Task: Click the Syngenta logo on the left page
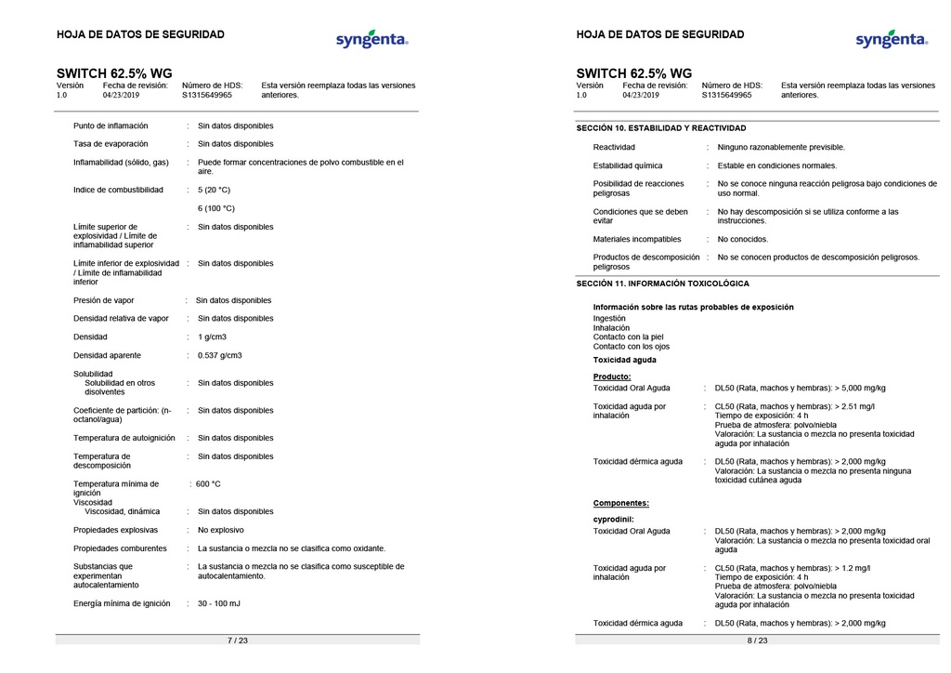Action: pos(371,40)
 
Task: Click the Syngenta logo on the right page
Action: pos(891,40)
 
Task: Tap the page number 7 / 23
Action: pos(238,640)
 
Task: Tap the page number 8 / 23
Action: pos(757,640)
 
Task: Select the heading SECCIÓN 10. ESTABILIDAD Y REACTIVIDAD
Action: pos(660,128)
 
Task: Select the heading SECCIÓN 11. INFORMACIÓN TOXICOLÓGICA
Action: pos(662,284)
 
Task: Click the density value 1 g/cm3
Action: pos(212,336)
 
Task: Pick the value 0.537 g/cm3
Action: pos(219,355)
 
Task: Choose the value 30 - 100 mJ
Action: pos(219,603)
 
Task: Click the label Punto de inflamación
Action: pos(111,125)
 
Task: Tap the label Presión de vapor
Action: pos(104,300)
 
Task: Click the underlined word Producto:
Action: pos(612,376)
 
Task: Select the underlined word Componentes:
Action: pos(621,503)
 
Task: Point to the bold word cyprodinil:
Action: pos(614,519)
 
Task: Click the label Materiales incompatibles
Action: pos(637,239)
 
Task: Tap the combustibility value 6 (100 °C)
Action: pos(216,208)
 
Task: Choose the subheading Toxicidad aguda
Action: pos(625,360)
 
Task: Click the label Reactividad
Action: pos(614,147)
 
